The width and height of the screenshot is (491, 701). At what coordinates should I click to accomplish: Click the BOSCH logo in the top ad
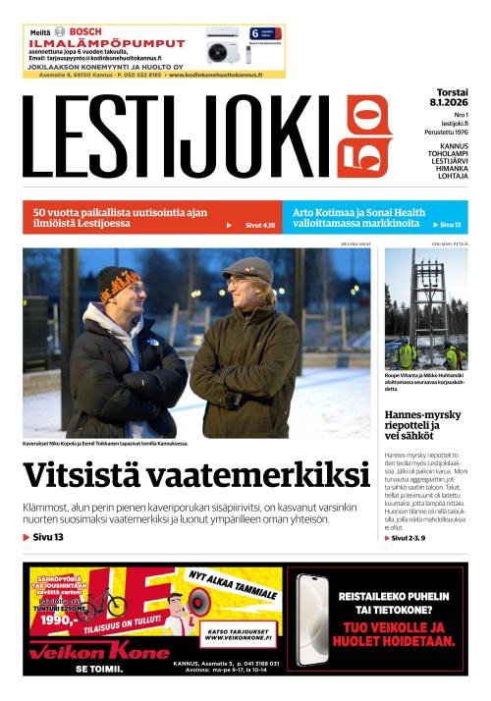83,31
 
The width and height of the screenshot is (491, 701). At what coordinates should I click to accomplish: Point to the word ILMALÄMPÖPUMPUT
107,43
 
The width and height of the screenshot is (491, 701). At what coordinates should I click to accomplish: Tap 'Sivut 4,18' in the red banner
259,225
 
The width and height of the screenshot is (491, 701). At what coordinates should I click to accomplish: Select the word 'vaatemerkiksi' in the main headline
264,476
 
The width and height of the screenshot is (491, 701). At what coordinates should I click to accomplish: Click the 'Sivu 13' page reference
44,537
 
